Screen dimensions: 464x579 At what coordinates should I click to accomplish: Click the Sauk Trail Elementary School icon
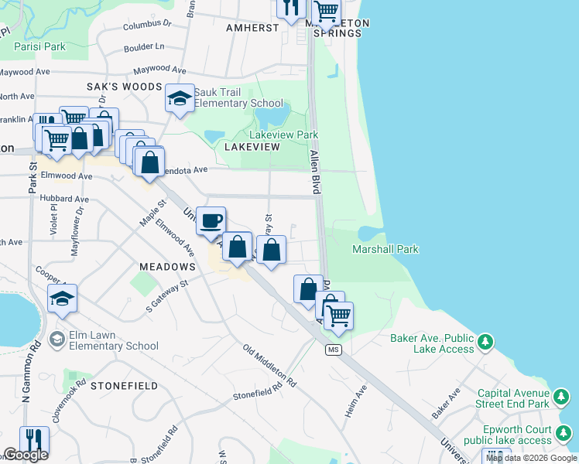(180, 100)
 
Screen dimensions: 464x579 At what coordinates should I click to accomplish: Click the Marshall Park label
(385, 249)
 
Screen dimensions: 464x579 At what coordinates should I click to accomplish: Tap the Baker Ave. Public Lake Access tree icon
(485, 341)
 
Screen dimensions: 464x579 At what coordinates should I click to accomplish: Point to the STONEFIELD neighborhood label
(124, 385)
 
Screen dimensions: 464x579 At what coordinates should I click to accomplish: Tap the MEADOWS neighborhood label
(167, 266)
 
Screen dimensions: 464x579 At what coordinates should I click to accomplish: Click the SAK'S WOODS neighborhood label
(124, 87)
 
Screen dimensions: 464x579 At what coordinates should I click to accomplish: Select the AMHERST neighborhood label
(252, 27)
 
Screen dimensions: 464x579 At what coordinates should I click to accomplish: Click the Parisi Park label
(40, 46)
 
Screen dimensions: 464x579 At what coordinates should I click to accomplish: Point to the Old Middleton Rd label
(269, 366)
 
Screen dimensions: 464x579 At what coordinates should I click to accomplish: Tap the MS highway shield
(334, 350)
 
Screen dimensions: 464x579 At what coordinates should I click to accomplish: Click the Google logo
(25, 455)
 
